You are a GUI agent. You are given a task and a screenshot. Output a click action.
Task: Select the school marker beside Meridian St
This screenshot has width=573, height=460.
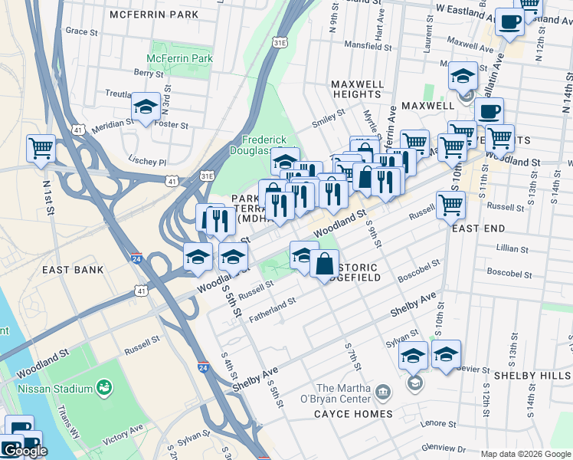144,108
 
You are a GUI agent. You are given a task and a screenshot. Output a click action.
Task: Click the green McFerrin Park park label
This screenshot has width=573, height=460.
169,58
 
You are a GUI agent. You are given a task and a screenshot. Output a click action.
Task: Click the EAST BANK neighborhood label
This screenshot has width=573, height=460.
73,270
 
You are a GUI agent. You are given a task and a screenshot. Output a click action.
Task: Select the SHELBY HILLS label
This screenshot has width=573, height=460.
532,376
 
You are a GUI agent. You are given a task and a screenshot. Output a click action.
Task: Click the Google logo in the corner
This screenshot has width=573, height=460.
25,451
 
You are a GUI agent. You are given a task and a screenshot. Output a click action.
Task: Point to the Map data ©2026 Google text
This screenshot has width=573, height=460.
525,454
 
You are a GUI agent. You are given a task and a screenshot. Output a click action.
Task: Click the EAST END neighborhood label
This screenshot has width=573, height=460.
478,228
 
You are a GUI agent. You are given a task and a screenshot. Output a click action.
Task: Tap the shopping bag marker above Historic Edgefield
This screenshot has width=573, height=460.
324,263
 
